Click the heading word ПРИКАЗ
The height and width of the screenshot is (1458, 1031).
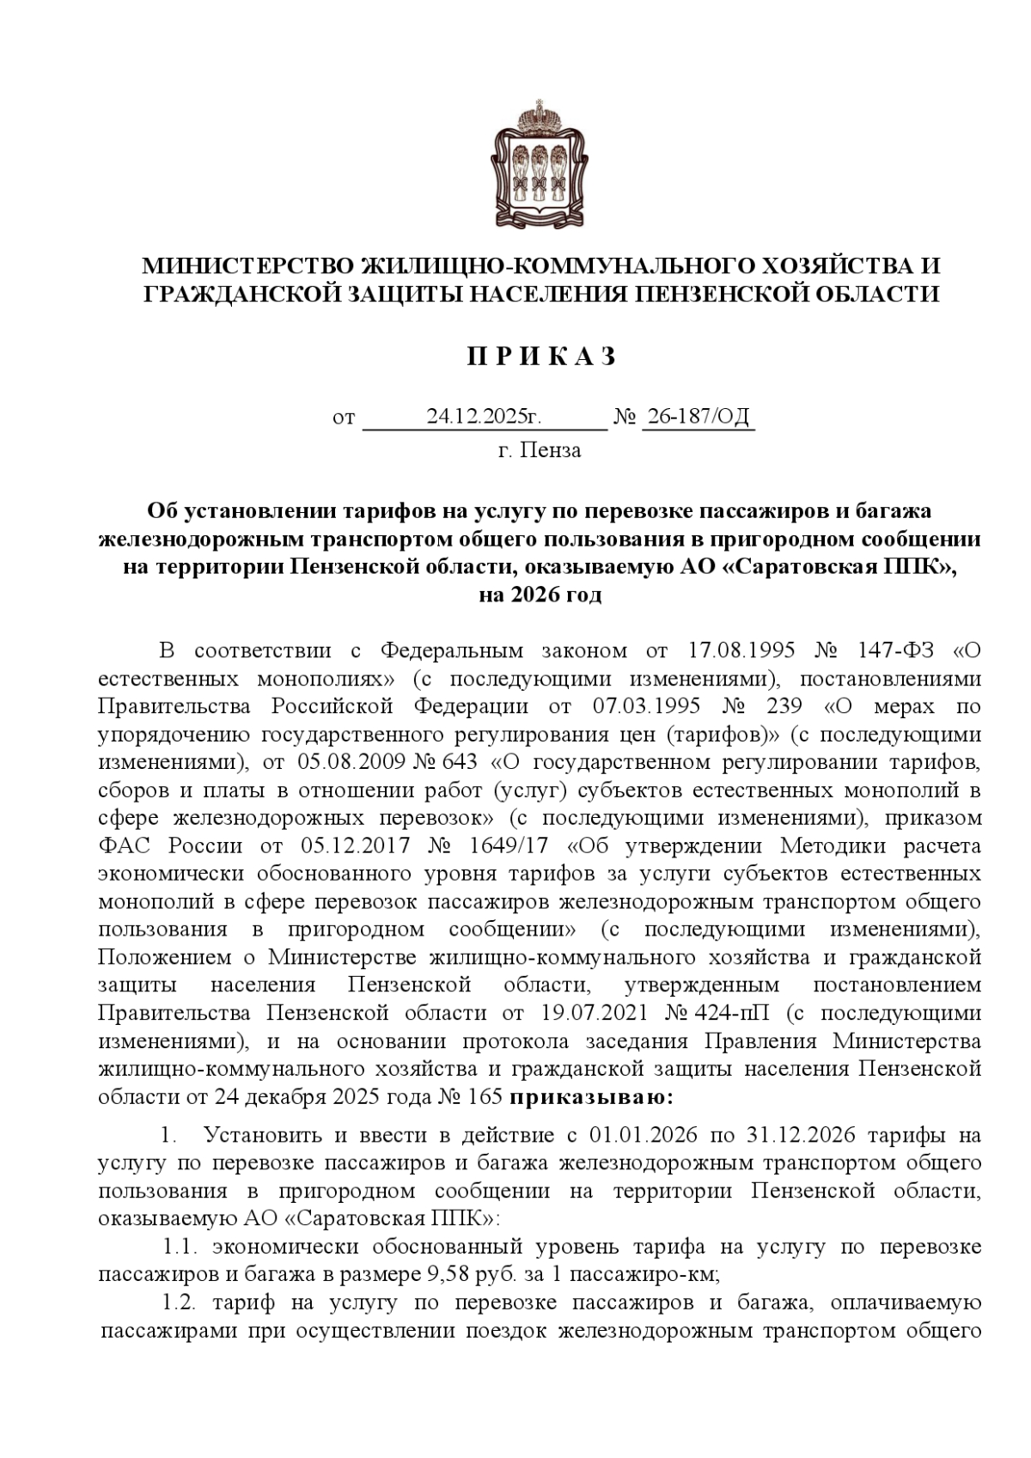pyautogui.click(x=541, y=357)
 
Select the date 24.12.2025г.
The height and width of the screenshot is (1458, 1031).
pyautogui.click(x=484, y=418)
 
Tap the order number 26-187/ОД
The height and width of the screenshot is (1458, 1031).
pyautogui.click(x=699, y=418)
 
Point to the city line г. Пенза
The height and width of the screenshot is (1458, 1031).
pyautogui.click(x=540, y=450)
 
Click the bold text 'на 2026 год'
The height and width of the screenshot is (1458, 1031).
pyautogui.click(x=540, y=595)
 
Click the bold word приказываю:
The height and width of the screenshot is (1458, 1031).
pyautogui.click(x=592, y=1096)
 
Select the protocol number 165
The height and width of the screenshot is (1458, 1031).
pyautogui.click(x=486, y=1097)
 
